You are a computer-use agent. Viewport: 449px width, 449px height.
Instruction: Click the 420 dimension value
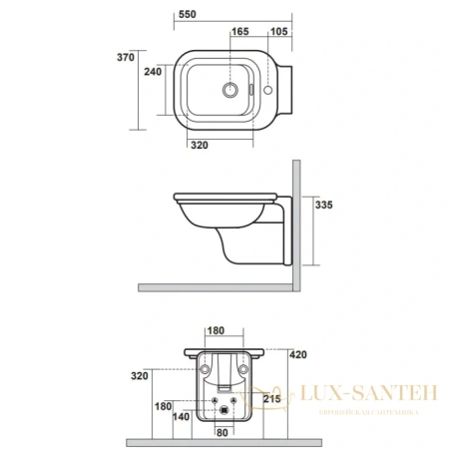point(298,353)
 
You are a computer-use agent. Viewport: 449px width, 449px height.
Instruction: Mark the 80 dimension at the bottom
point(223,433)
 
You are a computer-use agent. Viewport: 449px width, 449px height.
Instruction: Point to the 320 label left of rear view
point(139,376)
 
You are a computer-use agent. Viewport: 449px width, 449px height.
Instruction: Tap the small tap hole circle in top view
point(278,91)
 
